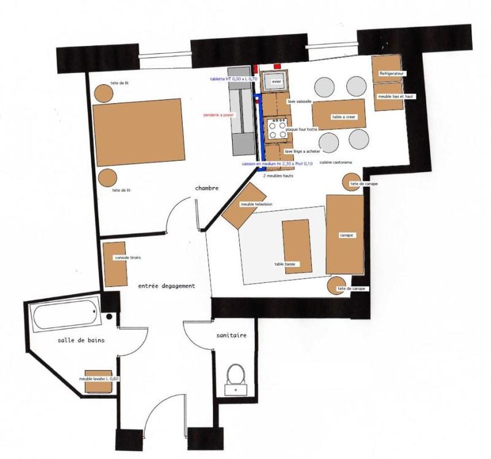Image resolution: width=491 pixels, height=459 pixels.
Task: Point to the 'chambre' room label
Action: click(x=207, y=188)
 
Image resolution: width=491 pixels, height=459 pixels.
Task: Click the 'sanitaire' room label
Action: click(x=231, y=336)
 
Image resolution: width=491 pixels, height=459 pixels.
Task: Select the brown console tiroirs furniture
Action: click(x=115, y=264)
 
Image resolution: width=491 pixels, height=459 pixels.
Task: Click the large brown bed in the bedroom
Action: click(x=139, y=130)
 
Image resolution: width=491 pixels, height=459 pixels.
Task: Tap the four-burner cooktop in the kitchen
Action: click(x=276, y=129)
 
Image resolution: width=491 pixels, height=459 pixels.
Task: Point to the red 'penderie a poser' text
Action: click(x=219, y=115)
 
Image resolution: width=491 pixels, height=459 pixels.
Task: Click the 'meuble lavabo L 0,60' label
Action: click(x=99, y=379)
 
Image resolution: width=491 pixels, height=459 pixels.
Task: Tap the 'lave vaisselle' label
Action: click(x=299, y=101)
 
